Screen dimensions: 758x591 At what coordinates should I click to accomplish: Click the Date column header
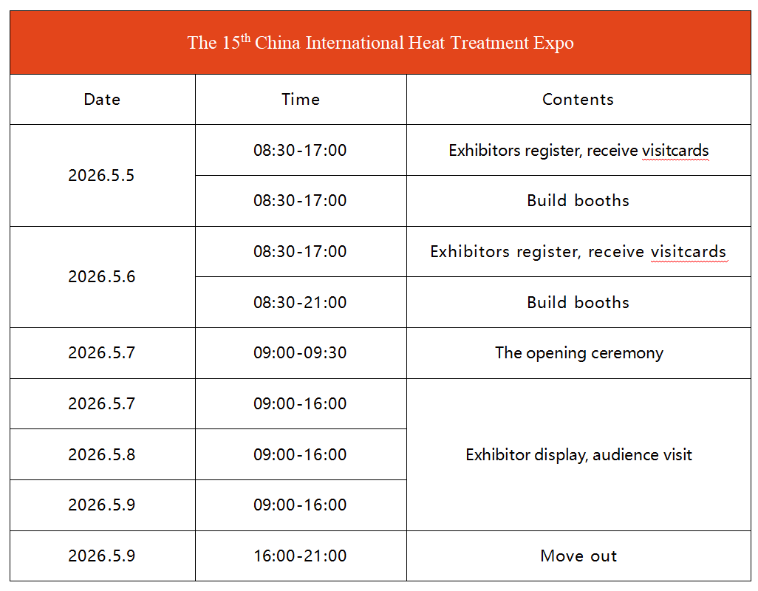tap(102, 99)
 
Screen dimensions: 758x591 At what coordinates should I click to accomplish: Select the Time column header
tap(301, 99)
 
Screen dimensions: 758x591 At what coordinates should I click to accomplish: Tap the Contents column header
tap(578, 99)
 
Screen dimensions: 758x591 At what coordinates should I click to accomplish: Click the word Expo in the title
tap(553, 43)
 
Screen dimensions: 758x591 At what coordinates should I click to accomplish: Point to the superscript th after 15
tap(245, 37)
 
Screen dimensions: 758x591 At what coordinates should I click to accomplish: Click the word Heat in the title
tap(426, 43)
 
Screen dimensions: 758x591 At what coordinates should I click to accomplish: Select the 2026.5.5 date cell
tap(101, 175)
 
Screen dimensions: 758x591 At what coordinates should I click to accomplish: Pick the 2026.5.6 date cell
tap(101, 277)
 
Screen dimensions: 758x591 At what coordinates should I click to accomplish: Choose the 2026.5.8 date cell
tap(101, 455)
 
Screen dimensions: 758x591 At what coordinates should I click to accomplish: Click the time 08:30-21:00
tap(300, 302)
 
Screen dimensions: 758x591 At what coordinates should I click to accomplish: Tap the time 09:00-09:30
tap(300, 353)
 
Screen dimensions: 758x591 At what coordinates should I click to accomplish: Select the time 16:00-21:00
tap(300, 556)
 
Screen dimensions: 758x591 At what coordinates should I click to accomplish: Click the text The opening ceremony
tap(579, 353)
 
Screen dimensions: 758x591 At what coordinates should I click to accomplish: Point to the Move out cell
tap(578, 556)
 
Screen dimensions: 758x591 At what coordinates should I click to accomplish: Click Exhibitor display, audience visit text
tap(578, 455)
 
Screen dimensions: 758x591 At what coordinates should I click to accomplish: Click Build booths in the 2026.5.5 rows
tap(578, 200)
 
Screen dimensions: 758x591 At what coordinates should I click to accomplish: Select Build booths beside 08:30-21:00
tap(578, 302)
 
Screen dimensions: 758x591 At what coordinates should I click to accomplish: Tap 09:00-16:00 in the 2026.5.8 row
tap(300, 455)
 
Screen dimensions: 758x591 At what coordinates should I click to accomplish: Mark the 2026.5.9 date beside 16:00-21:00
tap(101, 556)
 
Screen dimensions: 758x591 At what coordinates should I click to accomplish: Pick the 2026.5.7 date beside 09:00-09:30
tap(101, 353)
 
